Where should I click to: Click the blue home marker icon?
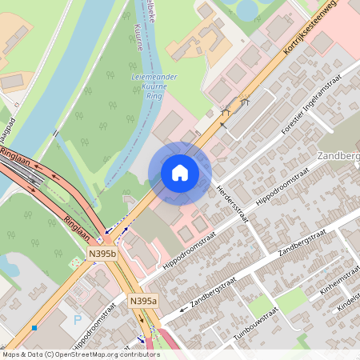(x=180, y=173)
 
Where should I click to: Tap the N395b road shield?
(x=102, y=254)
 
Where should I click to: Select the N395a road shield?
(x=143, y=302)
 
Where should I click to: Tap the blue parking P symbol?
(x=78, y=320)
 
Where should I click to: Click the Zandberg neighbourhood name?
(x=338, y=155)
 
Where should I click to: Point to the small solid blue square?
(x=34, y=327)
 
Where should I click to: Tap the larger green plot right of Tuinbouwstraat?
(x=292, y=300)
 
